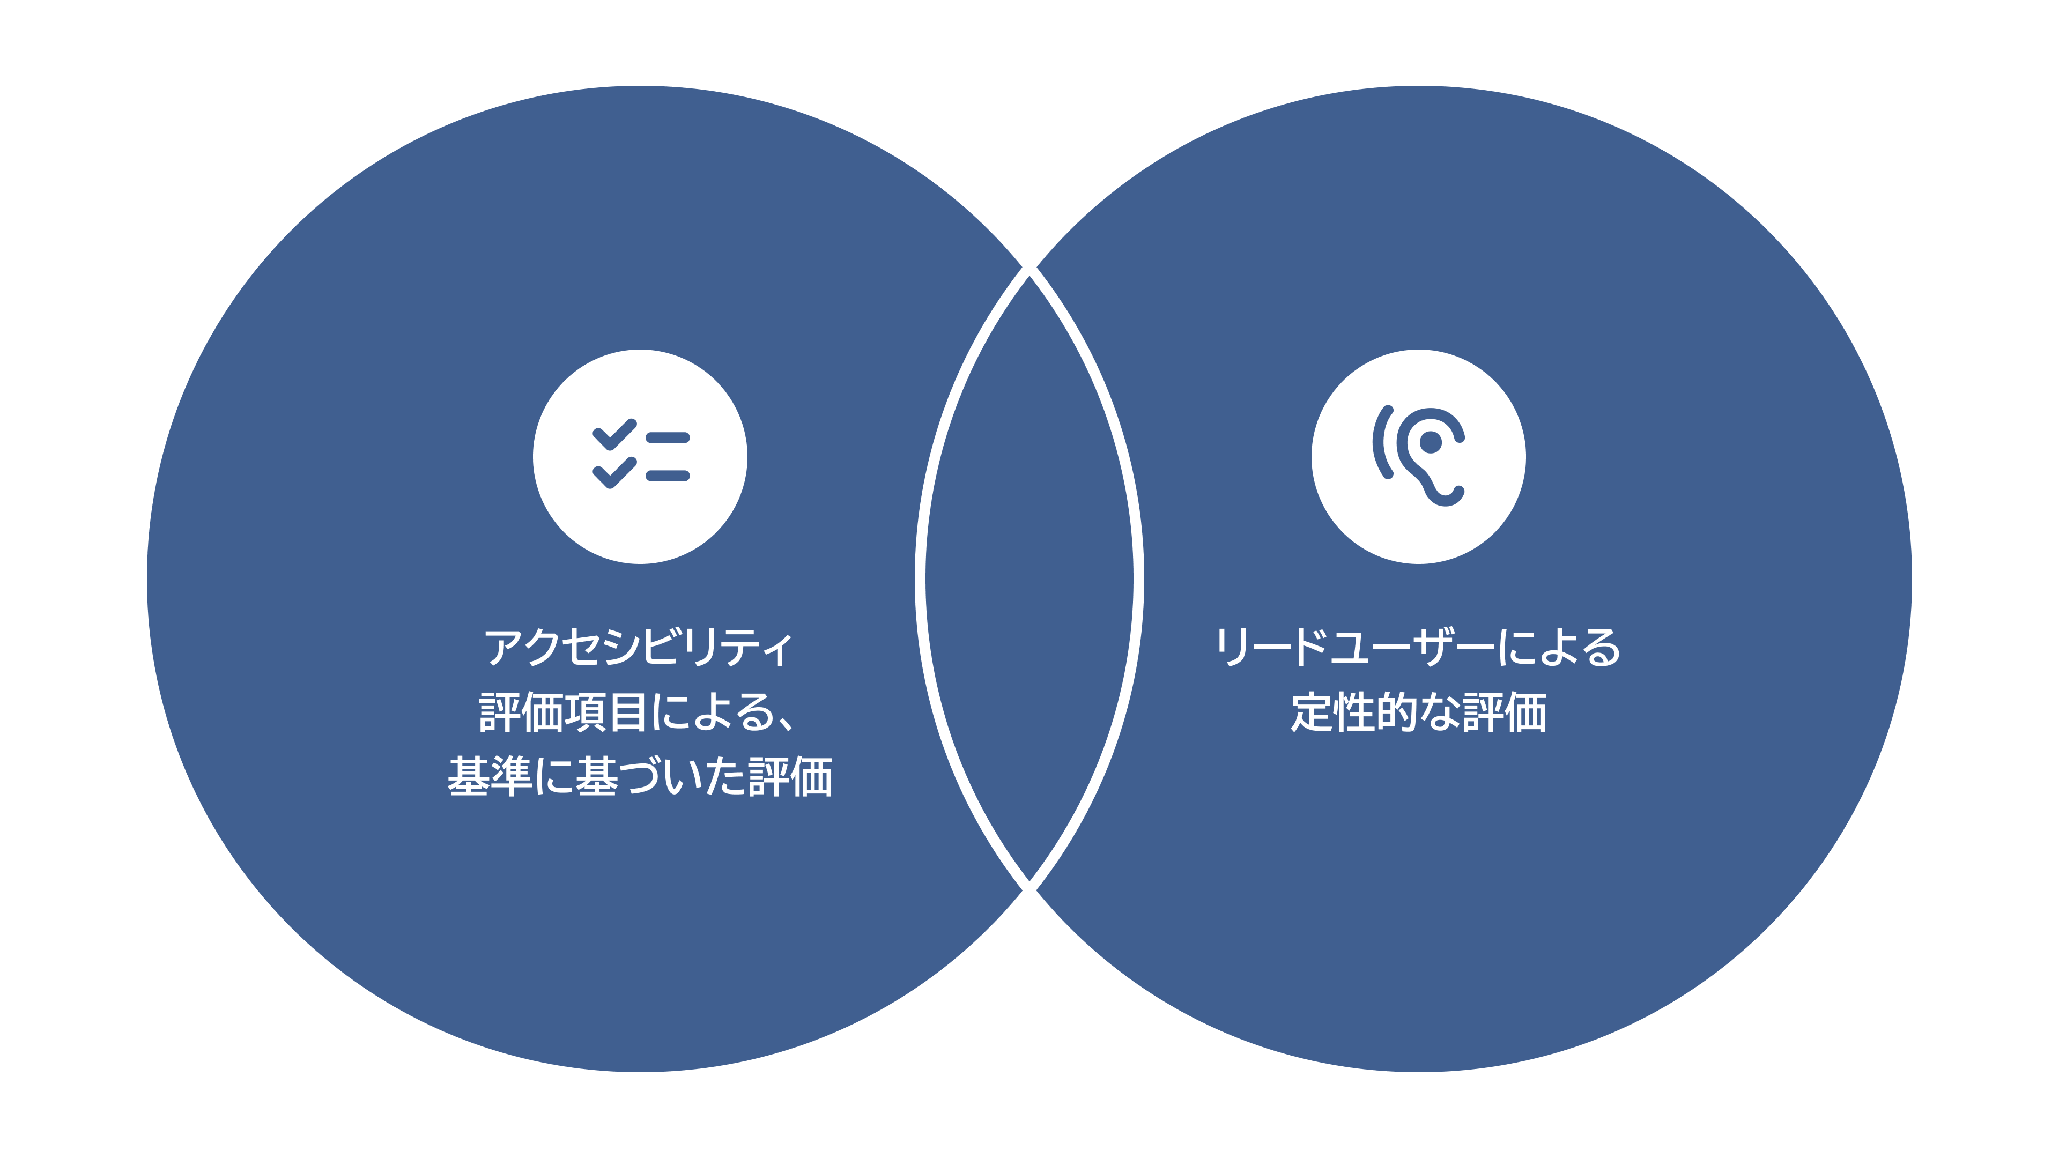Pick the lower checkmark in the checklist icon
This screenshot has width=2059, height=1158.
click(x=614, y=472)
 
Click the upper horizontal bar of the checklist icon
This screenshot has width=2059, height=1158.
click(x=668, y=437)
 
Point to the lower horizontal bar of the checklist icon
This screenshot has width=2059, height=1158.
click(x=668, y=476)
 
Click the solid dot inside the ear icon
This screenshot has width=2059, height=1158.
click(x=1431, y=442)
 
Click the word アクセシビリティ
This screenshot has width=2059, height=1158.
click(x=639, y=647)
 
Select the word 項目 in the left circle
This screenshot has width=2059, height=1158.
click(x=605, y=712)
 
